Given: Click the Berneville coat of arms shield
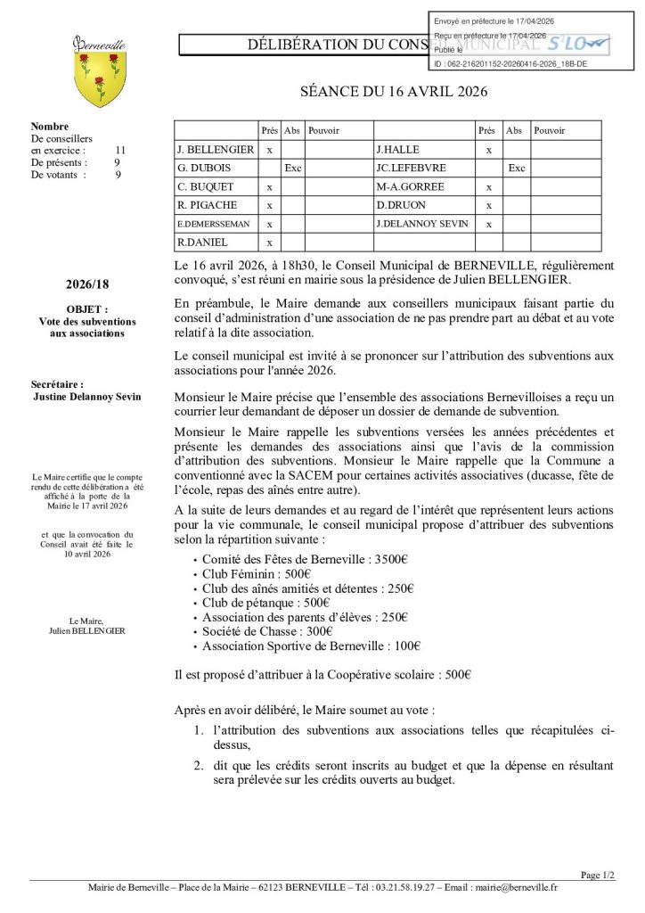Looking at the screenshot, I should pos(99,79).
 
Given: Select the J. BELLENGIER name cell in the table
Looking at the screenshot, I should pos(216,149).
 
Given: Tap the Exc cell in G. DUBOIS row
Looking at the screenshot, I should pos(292,168).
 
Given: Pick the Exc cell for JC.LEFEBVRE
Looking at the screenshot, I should pos(516,168).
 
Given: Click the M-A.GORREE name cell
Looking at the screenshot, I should pos(410,186).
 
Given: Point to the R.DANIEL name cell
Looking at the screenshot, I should pos(202,243).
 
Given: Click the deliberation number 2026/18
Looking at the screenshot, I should pos(86,284).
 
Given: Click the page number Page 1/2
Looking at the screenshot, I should pos(597,876).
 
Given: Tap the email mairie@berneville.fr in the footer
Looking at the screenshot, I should pos(516,887).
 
